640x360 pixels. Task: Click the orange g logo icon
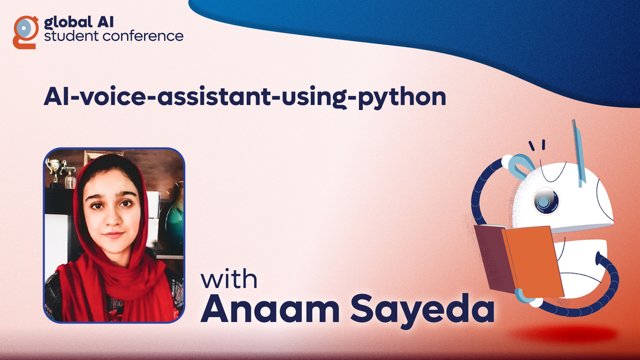pos(25,32)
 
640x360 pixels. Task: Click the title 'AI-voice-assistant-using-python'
pos(245,97)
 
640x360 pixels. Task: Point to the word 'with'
pos(229,279)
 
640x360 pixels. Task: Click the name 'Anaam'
pos(270,309)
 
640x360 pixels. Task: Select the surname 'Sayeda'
pos(422,310)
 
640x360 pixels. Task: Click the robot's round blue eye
pos(546,201)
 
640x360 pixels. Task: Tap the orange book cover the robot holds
pos(533,262)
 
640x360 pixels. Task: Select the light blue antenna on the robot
pos(579,153)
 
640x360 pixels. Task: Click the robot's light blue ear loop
pos(521,166)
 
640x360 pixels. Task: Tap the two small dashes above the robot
pos(537,145)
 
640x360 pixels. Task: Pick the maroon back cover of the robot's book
pos(492,258)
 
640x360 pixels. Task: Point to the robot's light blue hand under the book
pos(525,297)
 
